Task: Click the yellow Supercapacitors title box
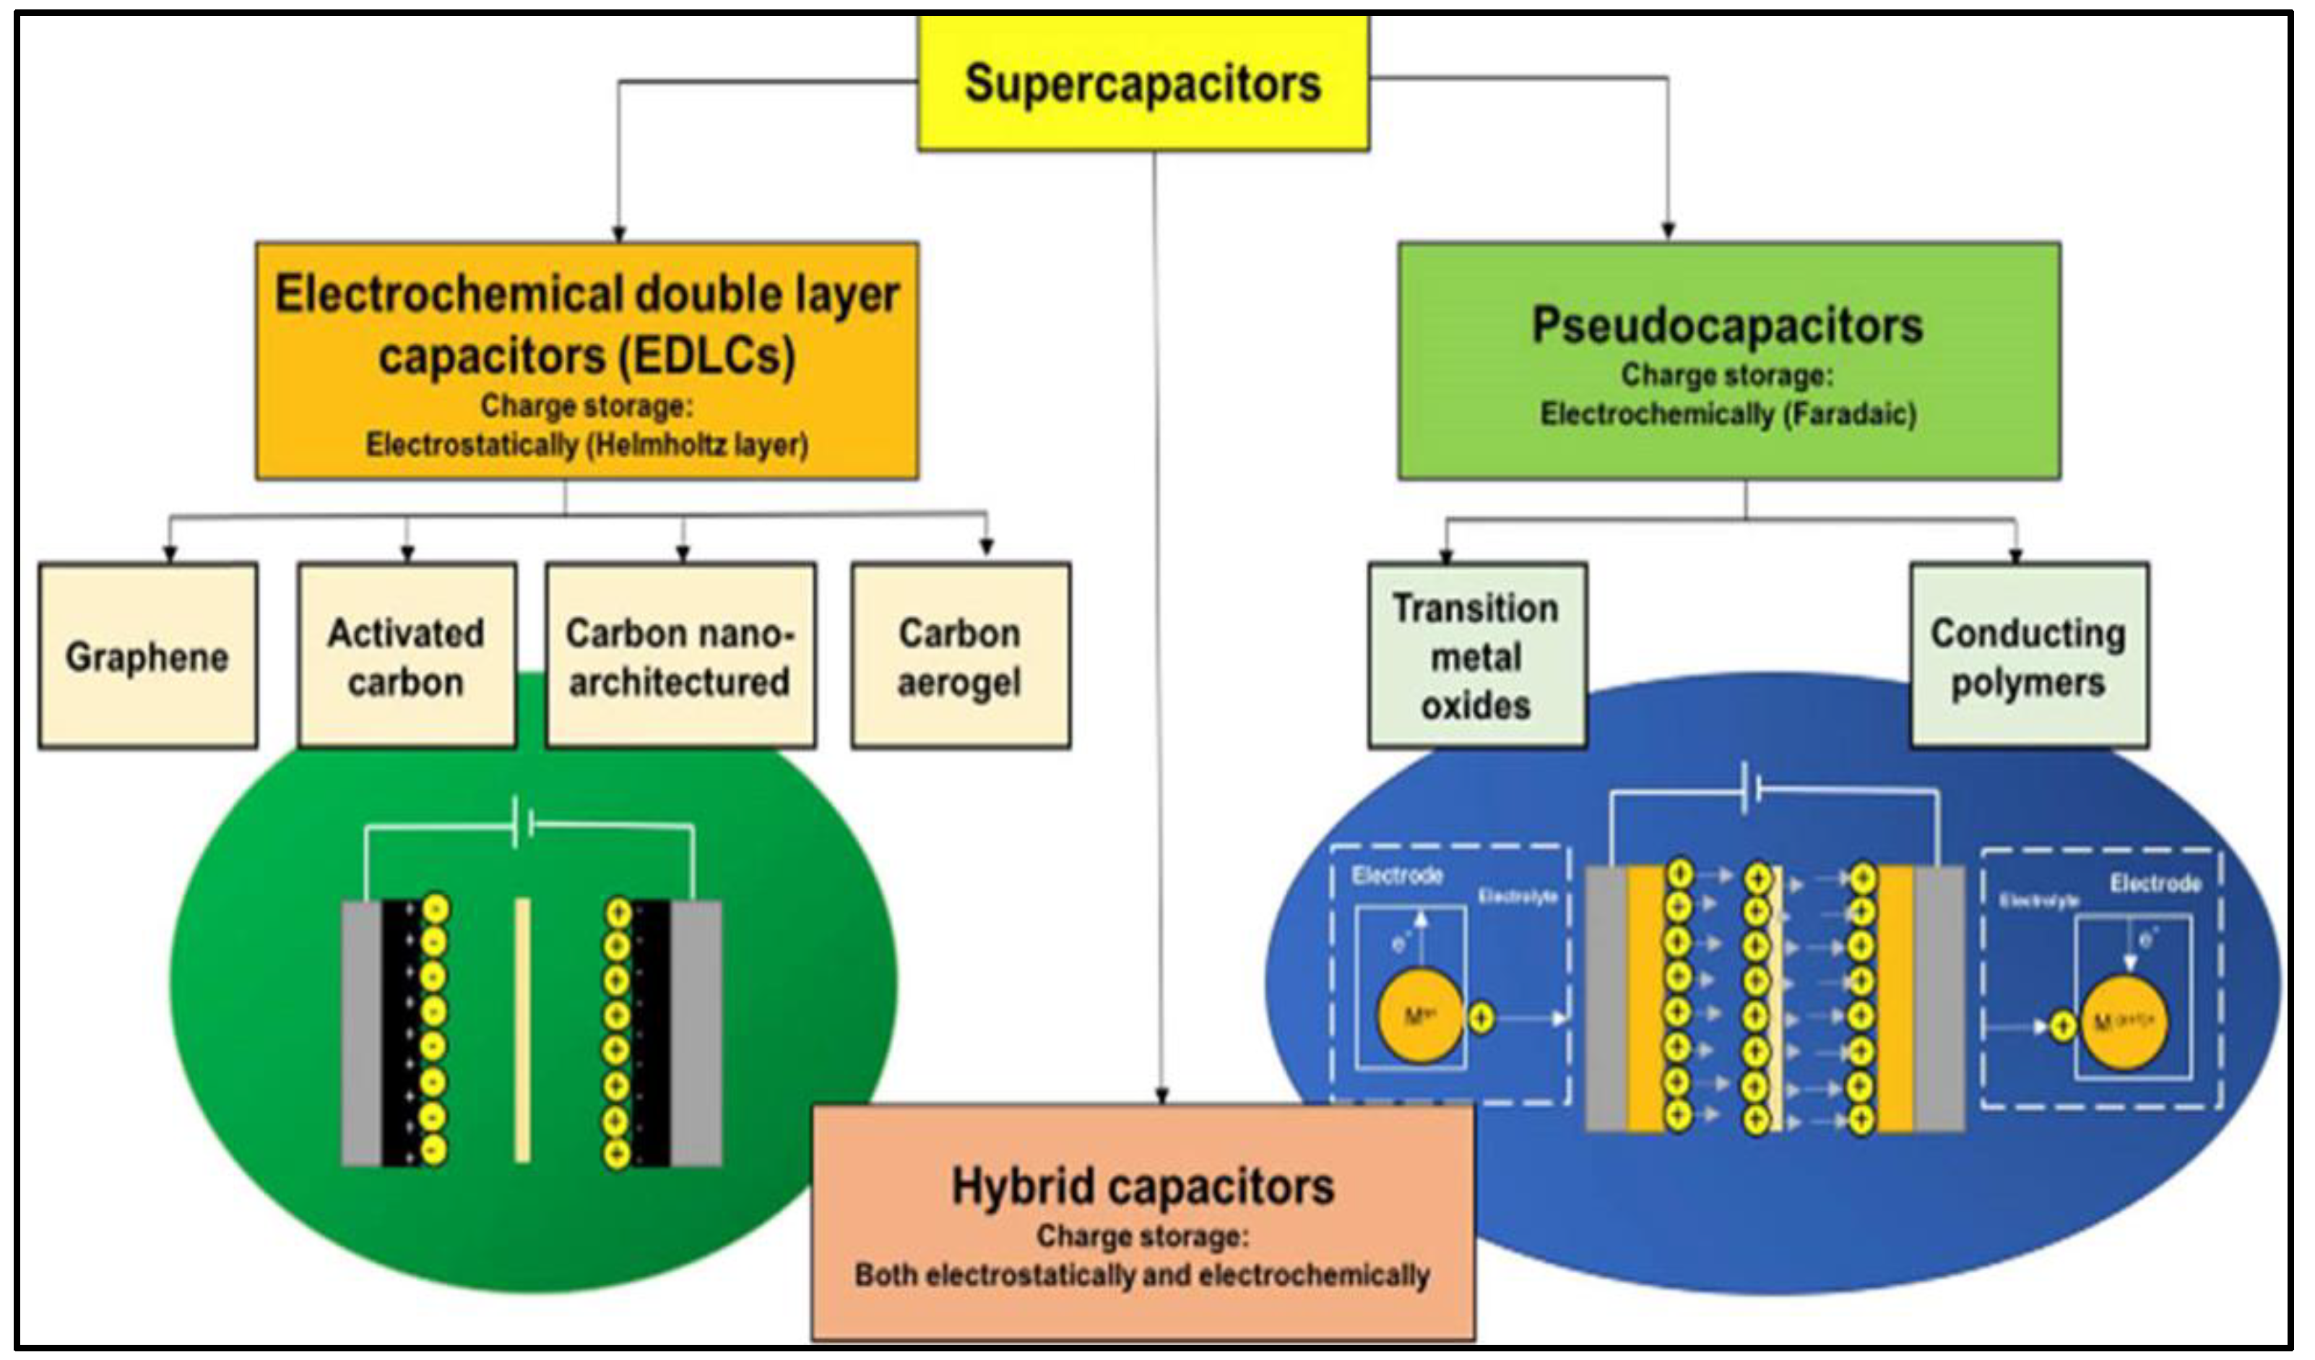pyautogui.click(x=1143, y=82)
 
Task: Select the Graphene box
pyautogui.click(x=147, y=656)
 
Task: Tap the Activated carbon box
pyautogui.click(x=406, y=656)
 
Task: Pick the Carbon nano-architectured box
pyautogui.click(x=680, y=656)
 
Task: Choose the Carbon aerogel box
pyautogui.click(x=960, y=656)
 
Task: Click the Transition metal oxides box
pyautogui.click(x=1476, y=656)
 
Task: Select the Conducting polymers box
pyautogui.click(x=2028, y=656)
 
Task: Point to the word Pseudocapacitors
pyautogui.click(x=1727, y=325)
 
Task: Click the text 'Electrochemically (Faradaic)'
pyautogui.click(x=1728, y=413)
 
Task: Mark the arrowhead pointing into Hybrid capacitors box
pyautogui.click(x=1162, y=1096)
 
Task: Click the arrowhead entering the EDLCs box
pyautogui.click(x=619, y=233)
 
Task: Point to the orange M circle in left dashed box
pyautogui.click(x=1420, y=1016)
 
